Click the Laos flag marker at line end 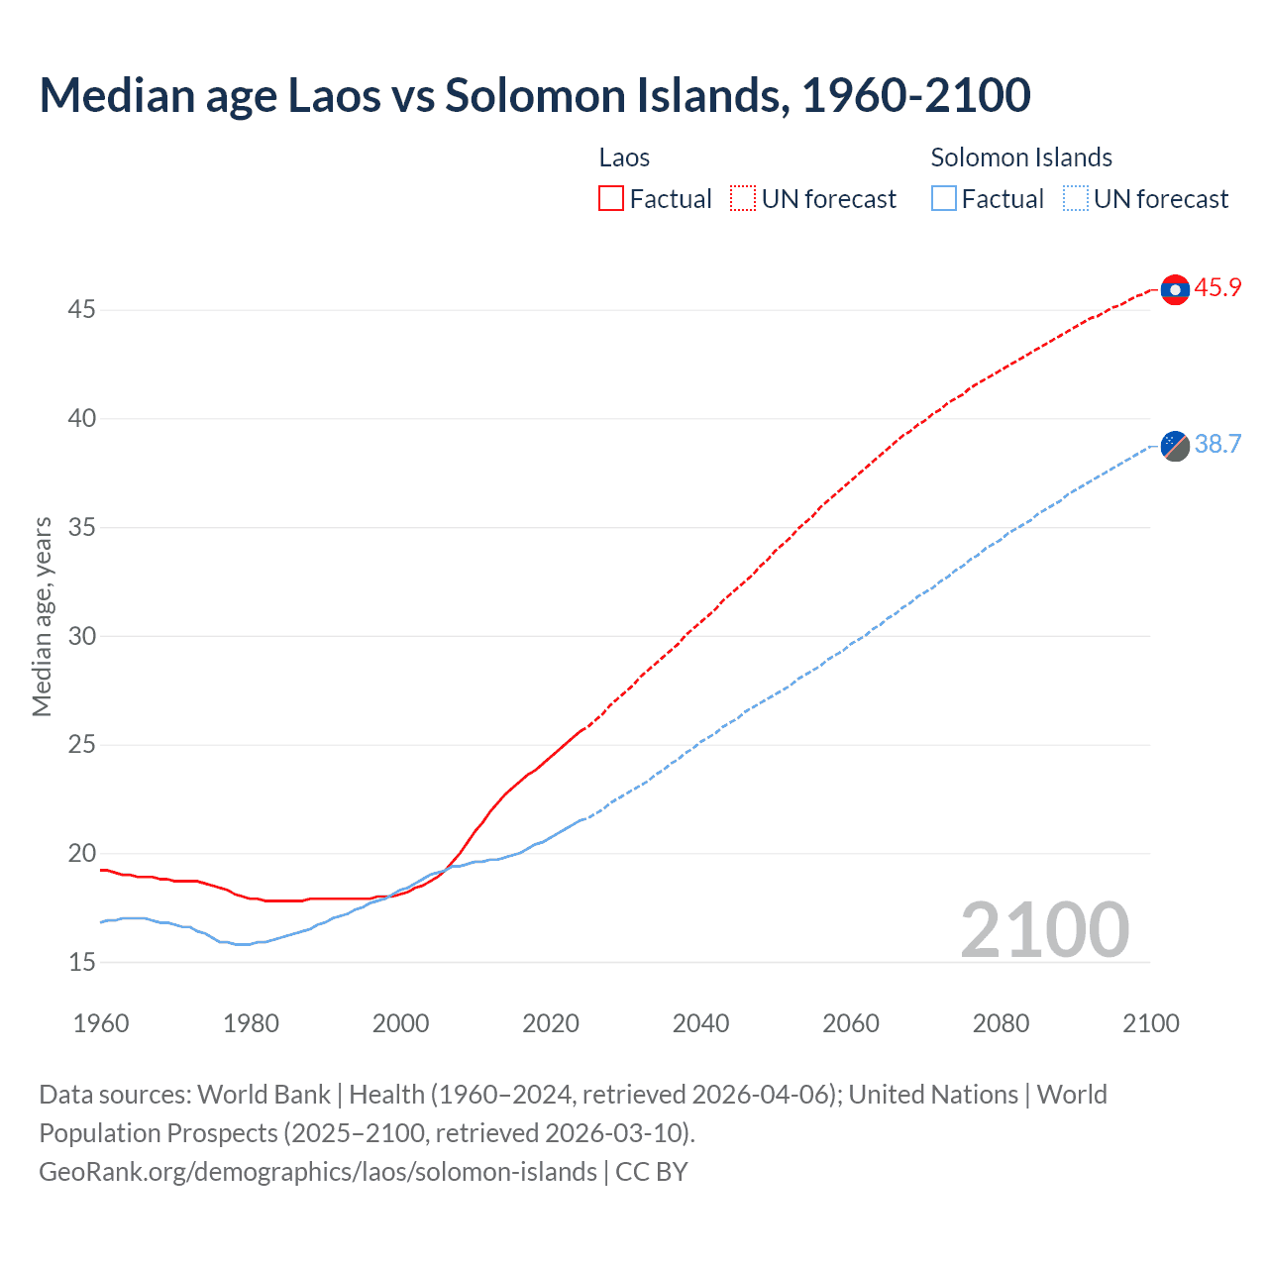1175,289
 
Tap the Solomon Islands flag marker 1175,446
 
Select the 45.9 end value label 1217,288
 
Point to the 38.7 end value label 1217,444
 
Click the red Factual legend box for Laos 611,199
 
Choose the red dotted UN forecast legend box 743,199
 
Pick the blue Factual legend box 944,199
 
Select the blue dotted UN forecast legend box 1075,199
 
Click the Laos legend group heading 624,158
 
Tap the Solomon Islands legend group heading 1021,158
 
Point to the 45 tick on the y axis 81,310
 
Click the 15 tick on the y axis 81,962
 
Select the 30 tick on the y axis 81,636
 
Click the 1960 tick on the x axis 101,1023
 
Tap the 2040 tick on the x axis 700,1023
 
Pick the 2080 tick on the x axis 1001,1023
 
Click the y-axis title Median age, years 42,616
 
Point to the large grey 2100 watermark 1044,930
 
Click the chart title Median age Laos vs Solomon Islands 535,95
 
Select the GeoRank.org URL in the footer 318,1172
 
